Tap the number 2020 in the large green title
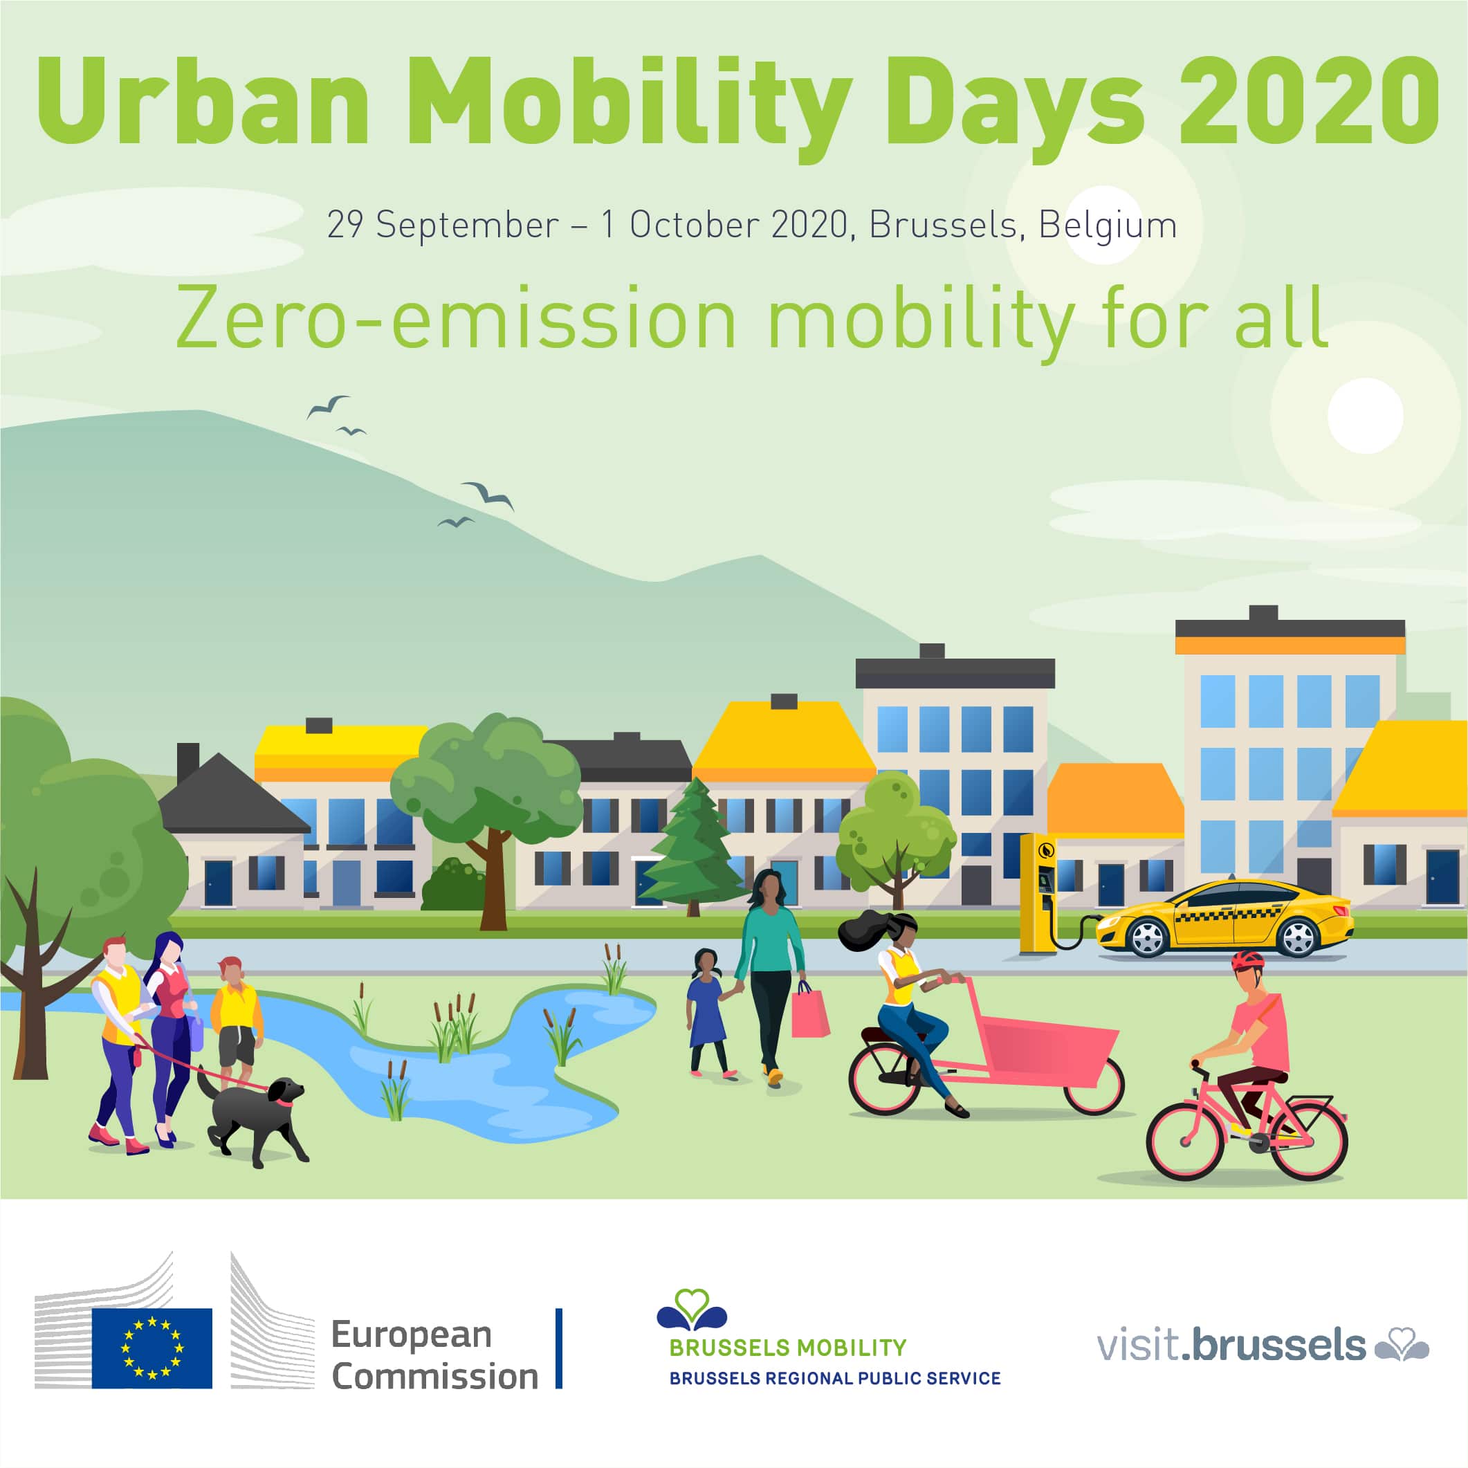(x=1308, y=102)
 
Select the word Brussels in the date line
(x=943, y=226)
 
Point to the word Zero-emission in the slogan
(x=456, y=319)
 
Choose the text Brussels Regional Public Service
(x=834, y=1378)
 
